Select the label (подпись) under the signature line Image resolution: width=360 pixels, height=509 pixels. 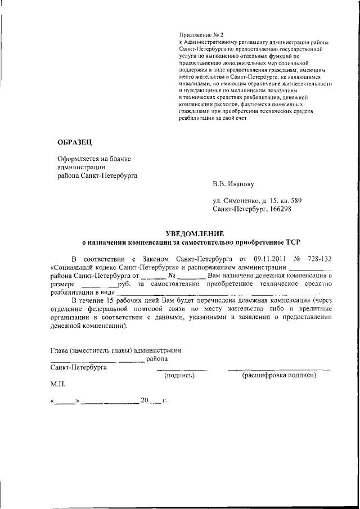click(x=179, y=376)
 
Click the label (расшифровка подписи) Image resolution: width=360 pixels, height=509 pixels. click(x=278, y=376)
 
